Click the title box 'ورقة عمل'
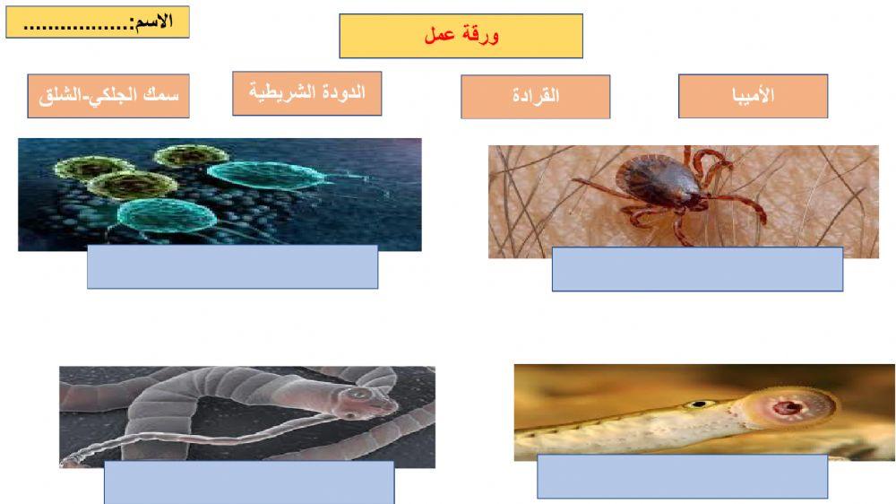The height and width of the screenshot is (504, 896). (461, 36)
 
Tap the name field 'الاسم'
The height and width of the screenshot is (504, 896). (98, 22)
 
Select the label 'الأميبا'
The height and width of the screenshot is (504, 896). (753, 96)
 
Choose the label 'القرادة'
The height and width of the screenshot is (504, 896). (535, 97)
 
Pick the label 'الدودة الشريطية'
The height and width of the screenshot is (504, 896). (306, 93)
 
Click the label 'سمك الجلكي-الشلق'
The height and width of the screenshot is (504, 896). (108, 96)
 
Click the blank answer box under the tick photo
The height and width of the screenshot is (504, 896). (697, 269)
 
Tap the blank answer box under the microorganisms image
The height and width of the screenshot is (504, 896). (232, 266)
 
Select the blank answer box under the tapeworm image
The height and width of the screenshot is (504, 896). (249, 482)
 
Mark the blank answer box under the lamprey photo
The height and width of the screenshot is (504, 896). (682, 476)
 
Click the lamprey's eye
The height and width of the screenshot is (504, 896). (695, 404)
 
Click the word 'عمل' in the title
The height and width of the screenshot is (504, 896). (441, 36)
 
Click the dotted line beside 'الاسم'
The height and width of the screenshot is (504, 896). (76, 25)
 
